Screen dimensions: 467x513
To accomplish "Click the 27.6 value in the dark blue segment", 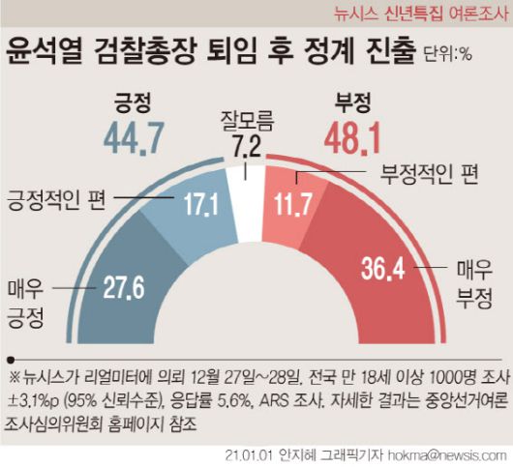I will (123, 286).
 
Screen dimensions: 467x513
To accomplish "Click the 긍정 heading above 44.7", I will (135, 103).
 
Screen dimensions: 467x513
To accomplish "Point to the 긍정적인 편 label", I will (55, 201).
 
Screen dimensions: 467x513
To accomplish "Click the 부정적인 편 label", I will (427, 176).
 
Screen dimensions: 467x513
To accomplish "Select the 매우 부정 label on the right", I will (470, 277).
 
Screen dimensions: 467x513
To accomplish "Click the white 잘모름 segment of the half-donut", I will (248, 208).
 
